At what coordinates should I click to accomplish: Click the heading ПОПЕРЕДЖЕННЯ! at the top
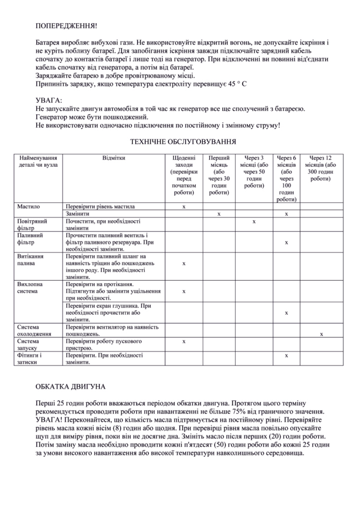pos(66,26)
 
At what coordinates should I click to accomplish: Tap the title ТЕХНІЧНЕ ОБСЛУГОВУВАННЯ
pos(183,142)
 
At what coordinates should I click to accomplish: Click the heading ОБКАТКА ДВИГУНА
pos(70,387)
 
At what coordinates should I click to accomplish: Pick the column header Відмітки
pos(114,158)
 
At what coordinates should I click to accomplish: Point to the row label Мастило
pos(28,207)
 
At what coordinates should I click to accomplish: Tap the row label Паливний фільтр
pos(30,239)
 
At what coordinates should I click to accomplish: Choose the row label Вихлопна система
pos(30,288)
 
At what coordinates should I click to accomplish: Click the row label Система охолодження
pos(34,330)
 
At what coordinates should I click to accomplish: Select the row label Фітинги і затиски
pos(29,358)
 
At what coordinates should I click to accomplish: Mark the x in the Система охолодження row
pos(321,334)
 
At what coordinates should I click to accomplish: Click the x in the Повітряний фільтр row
pos(254,222)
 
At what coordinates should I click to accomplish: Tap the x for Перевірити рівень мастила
pos(184,207)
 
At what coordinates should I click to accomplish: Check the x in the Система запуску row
pos(184,342)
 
